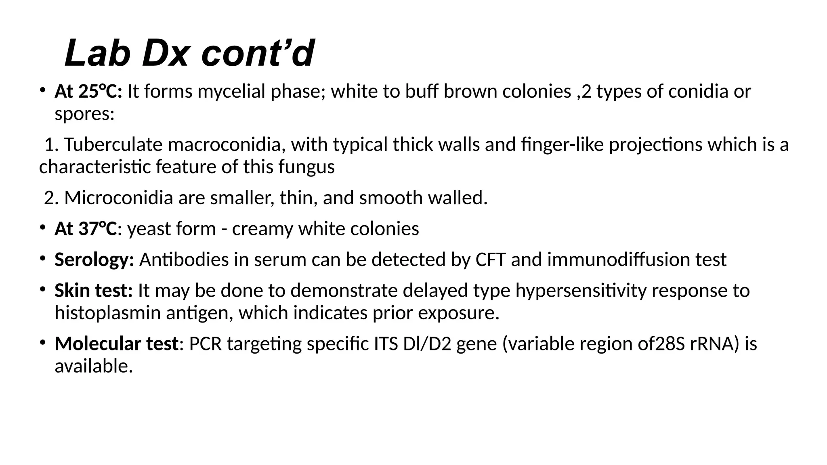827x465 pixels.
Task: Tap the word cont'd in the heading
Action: click(x=258, y=54)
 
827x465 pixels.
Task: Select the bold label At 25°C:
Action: click(x=88, y=92)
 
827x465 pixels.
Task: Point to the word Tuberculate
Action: click(x=113, y=145)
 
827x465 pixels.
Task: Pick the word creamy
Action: click(x=262, y=229)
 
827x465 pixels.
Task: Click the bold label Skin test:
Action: click(x=94, y=291)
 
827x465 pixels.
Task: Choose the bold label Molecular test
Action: click(x=116, y=344)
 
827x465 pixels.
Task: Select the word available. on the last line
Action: click(x=94, y=367)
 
